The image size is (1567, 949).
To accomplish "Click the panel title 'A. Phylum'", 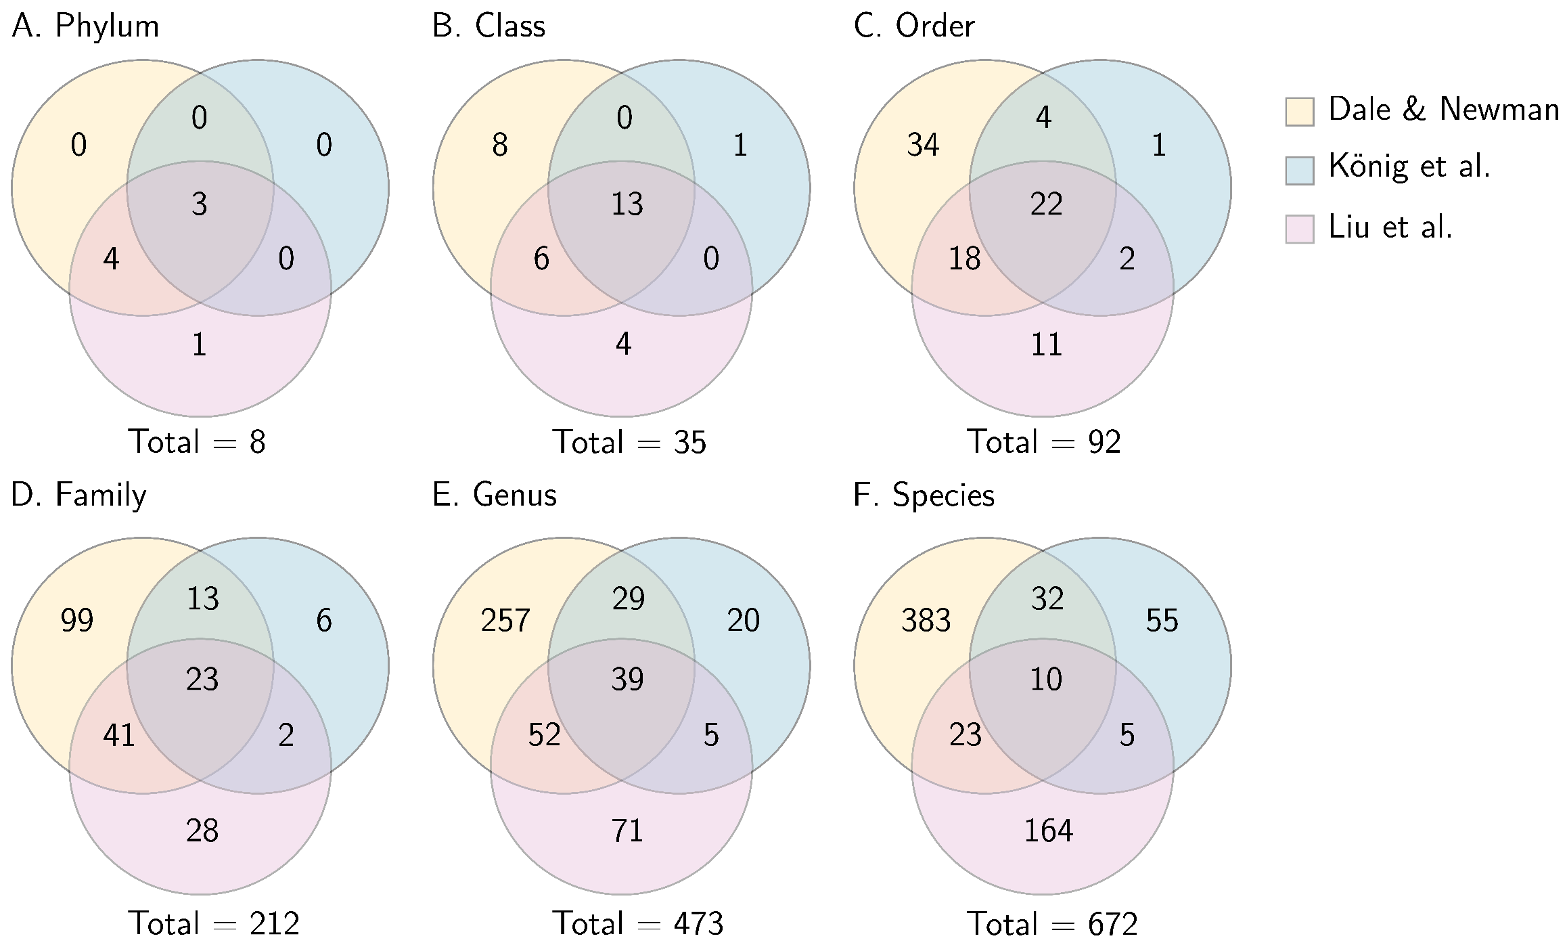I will (x=86, y=26).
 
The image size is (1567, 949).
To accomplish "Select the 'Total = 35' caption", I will (x=629, y=442).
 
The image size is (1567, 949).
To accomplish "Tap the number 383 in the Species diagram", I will (x=926, y=620).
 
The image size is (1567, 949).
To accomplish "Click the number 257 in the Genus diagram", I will (x=505, y=620).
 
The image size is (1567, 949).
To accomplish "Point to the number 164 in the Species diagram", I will (x=1048, y=831).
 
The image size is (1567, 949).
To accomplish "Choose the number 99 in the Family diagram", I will (x=76, y=620).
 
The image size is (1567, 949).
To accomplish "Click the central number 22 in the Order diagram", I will (x=1046, y=204).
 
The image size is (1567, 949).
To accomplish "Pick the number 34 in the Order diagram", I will (x=923, y=145).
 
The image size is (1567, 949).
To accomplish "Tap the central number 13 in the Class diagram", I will (x=627, y=204).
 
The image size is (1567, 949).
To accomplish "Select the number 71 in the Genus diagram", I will (x=627, y=831).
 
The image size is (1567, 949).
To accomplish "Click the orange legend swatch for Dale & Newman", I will (x=1299, y=112).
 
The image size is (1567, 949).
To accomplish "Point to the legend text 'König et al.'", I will (x=1409, y=167).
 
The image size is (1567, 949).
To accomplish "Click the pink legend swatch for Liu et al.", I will (x=1299, y=229).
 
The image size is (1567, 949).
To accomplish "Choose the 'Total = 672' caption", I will (x=1052, y=924).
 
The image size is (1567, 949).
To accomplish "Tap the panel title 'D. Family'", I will (x=78, y=495).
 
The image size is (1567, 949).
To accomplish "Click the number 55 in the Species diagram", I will (x=1162, y=620).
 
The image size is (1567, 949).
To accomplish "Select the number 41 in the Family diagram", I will (x=119, y=735).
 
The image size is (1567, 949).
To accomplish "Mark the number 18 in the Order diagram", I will (x=964, y=259).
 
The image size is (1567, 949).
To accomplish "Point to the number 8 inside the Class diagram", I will (x=499, y=145).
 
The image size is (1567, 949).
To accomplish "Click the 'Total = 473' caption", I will (x=638, y=924).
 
